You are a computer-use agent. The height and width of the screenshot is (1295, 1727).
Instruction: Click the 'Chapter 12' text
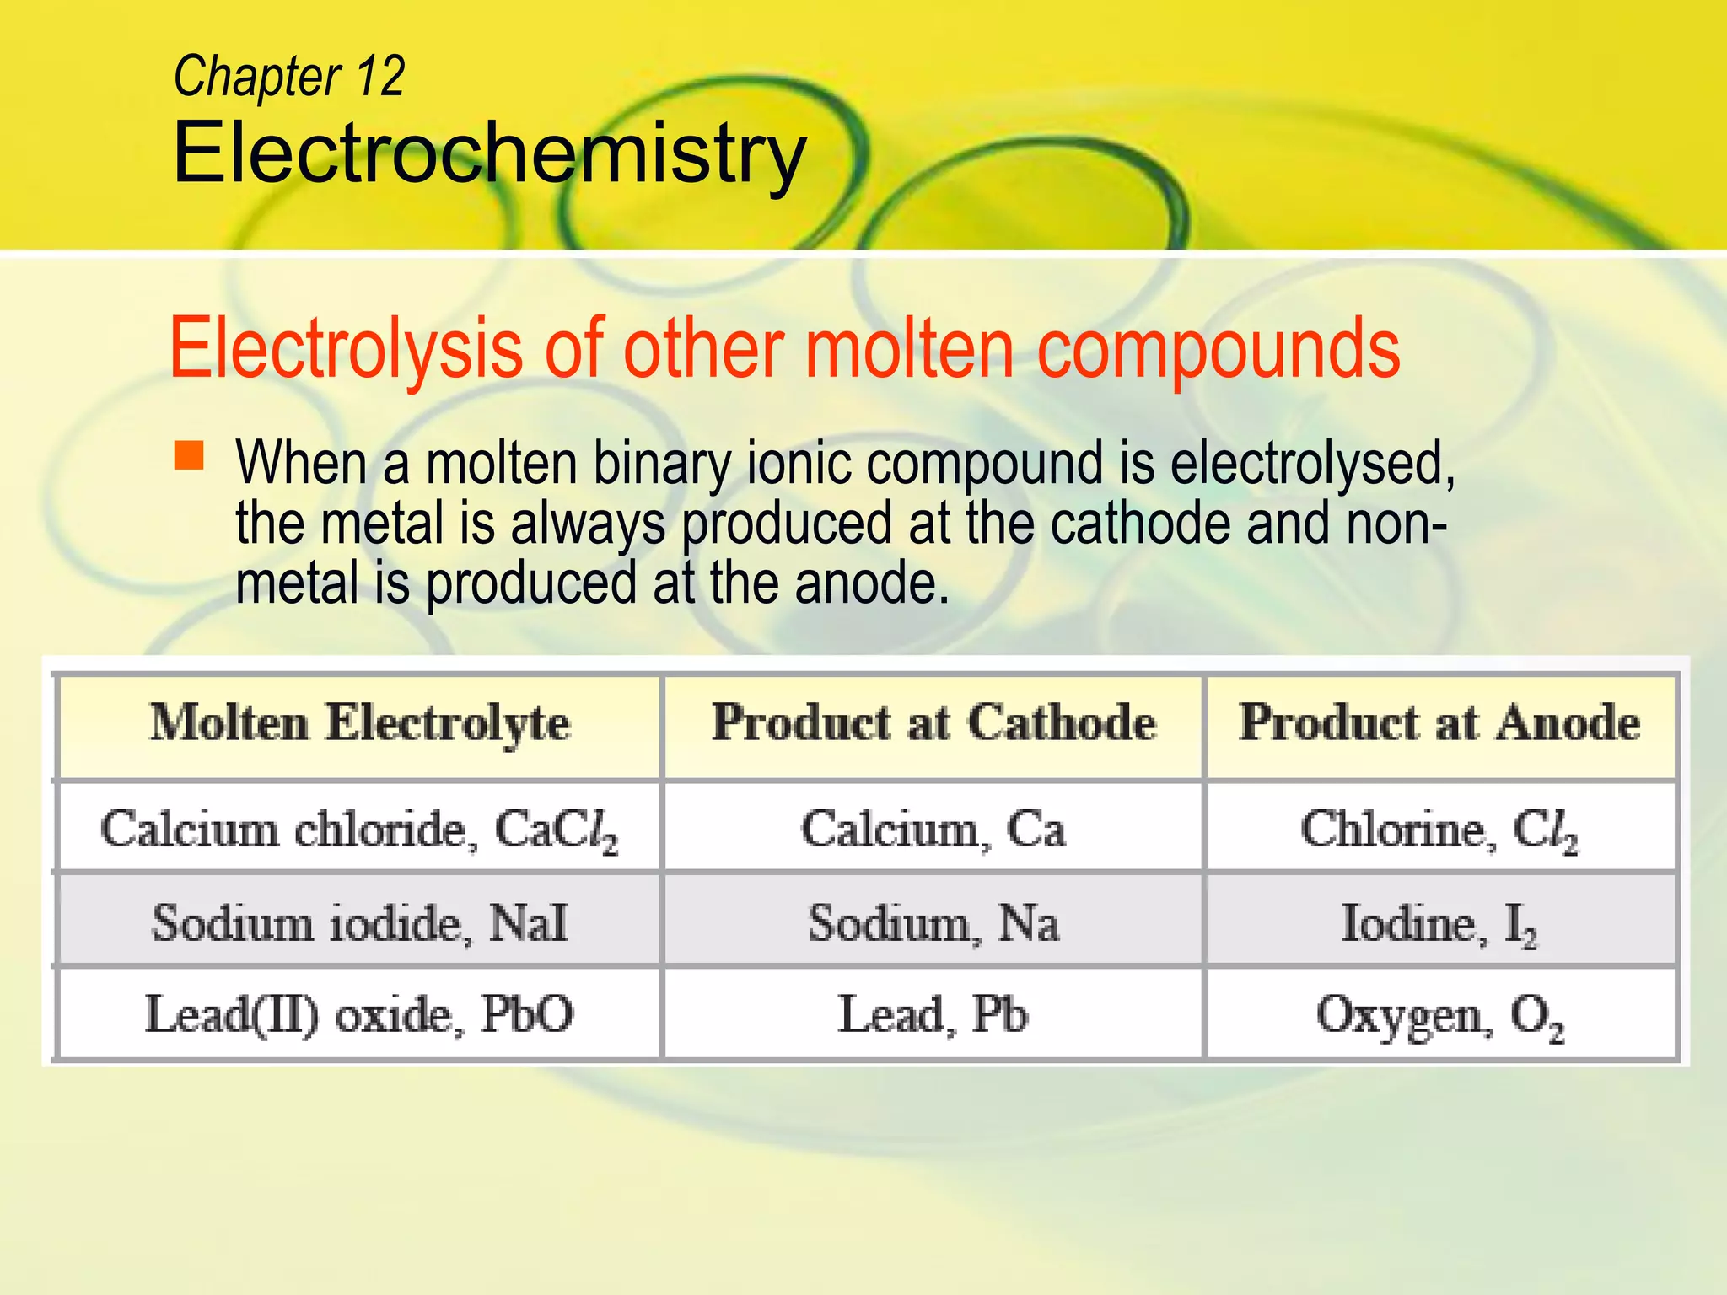click(288, 77)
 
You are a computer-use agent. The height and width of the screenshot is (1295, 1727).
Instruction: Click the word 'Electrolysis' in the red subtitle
click(346, 349)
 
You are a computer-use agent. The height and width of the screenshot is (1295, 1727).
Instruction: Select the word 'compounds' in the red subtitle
click(1218, 349)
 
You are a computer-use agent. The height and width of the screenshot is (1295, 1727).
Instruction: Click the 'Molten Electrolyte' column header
click(360, 724)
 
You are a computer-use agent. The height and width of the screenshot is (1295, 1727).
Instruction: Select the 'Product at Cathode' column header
click(933, 724)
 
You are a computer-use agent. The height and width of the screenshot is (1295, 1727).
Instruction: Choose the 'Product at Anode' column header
click(1439, 724)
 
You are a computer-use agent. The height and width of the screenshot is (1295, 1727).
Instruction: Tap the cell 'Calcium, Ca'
click(933, 830)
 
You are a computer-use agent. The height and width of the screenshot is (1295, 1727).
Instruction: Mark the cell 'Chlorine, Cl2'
click(1439, 830)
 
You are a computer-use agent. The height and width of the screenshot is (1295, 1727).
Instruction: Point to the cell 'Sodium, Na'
click(933, 923)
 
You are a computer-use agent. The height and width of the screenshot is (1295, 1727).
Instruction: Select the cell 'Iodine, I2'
click(1439, 923)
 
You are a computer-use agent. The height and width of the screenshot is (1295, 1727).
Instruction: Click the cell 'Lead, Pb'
click(933, 1014)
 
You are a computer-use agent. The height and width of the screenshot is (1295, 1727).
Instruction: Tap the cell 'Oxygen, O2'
click(1439, 1014)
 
